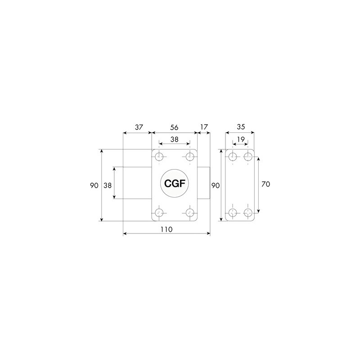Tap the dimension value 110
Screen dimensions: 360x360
click(166, 229)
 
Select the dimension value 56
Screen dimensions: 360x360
click(174, 127)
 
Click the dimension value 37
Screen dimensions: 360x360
click(139, 127)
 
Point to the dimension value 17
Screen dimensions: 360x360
click(204, 127)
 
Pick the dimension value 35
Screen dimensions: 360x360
click(241, 127)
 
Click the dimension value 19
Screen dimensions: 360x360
click(241, 139)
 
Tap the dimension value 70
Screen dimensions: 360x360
click(265, 184)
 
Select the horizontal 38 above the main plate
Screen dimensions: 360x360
click(174, 139)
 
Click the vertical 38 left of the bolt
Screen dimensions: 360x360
click(108, 185)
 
